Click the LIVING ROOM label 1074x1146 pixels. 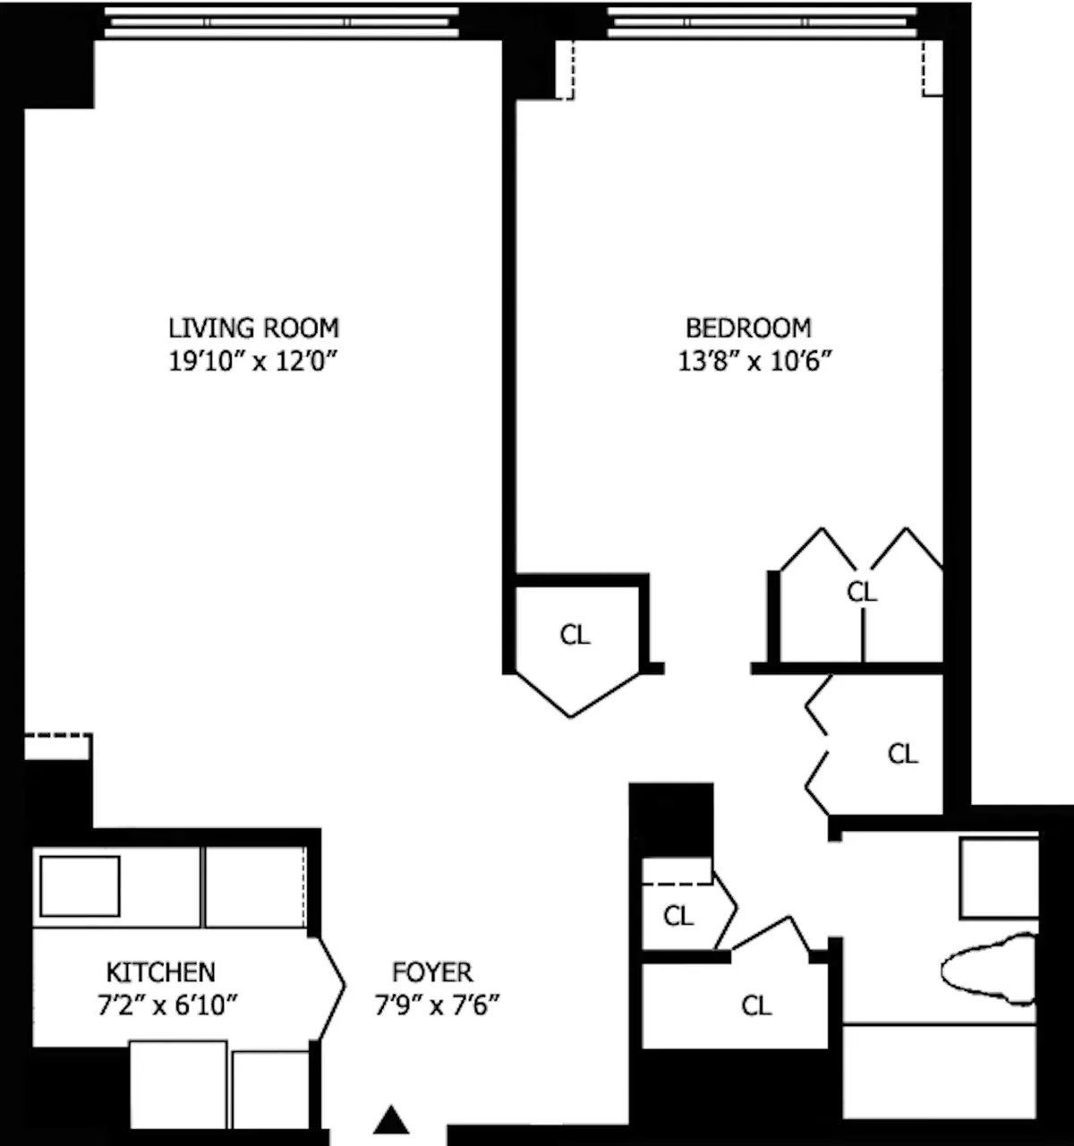[253, 328]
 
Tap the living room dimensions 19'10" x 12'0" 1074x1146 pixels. [253, 362]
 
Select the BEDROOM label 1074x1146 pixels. [748, 328]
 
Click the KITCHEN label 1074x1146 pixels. [160, 972]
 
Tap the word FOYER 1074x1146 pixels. [432, 972]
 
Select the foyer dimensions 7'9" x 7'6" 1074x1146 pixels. [436, 1005]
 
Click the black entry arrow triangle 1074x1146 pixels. [390, 1121]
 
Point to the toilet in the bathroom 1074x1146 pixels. [989, 970]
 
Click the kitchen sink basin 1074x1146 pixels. [80, 885]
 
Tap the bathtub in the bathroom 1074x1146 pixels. [940, 1071]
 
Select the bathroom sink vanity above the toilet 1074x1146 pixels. [999, 877]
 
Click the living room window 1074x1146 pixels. [281, 22]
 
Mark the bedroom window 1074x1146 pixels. [763, 22]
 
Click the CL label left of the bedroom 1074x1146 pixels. [575, 635]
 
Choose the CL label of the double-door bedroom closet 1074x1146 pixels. [862, 592]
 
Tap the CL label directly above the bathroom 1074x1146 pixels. [902, 754]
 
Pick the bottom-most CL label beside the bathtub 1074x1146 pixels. [756, 1006]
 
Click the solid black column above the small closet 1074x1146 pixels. [671, 819]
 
